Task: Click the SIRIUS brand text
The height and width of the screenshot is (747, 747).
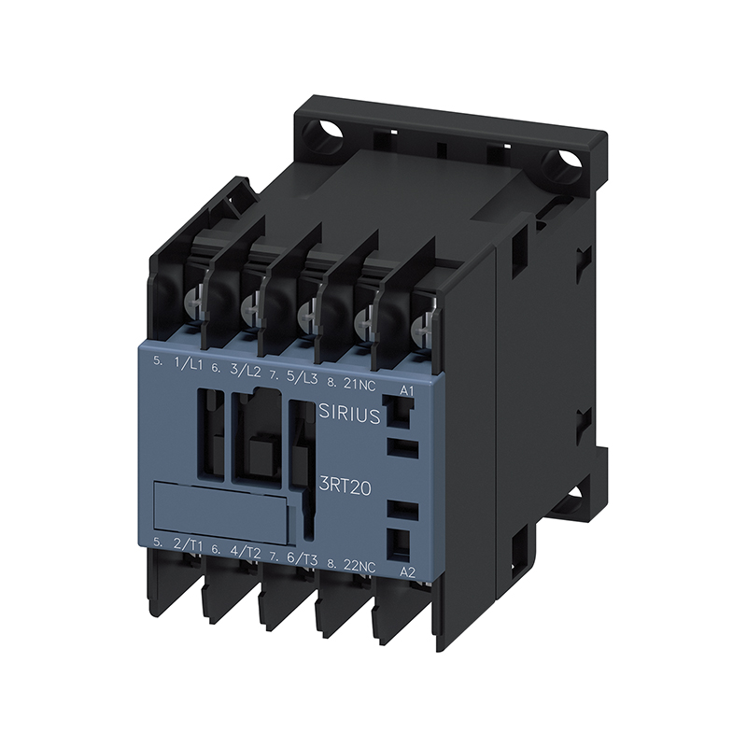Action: (x=348, y=414)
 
